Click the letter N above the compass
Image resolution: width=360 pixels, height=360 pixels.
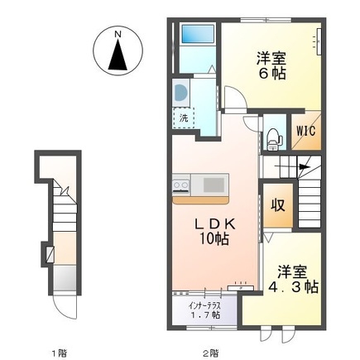tap(118, 33)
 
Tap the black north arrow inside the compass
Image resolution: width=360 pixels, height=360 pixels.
tap(118, 56)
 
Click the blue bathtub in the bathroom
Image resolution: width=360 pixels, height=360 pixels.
tap(197, 36)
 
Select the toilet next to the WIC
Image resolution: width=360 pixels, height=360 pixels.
tap(272, 138)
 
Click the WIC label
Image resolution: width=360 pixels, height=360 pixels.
tap(301, 131)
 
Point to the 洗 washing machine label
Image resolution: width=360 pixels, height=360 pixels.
tap(184, 118)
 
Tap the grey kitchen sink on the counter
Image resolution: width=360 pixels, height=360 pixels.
tap(212, 184)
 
